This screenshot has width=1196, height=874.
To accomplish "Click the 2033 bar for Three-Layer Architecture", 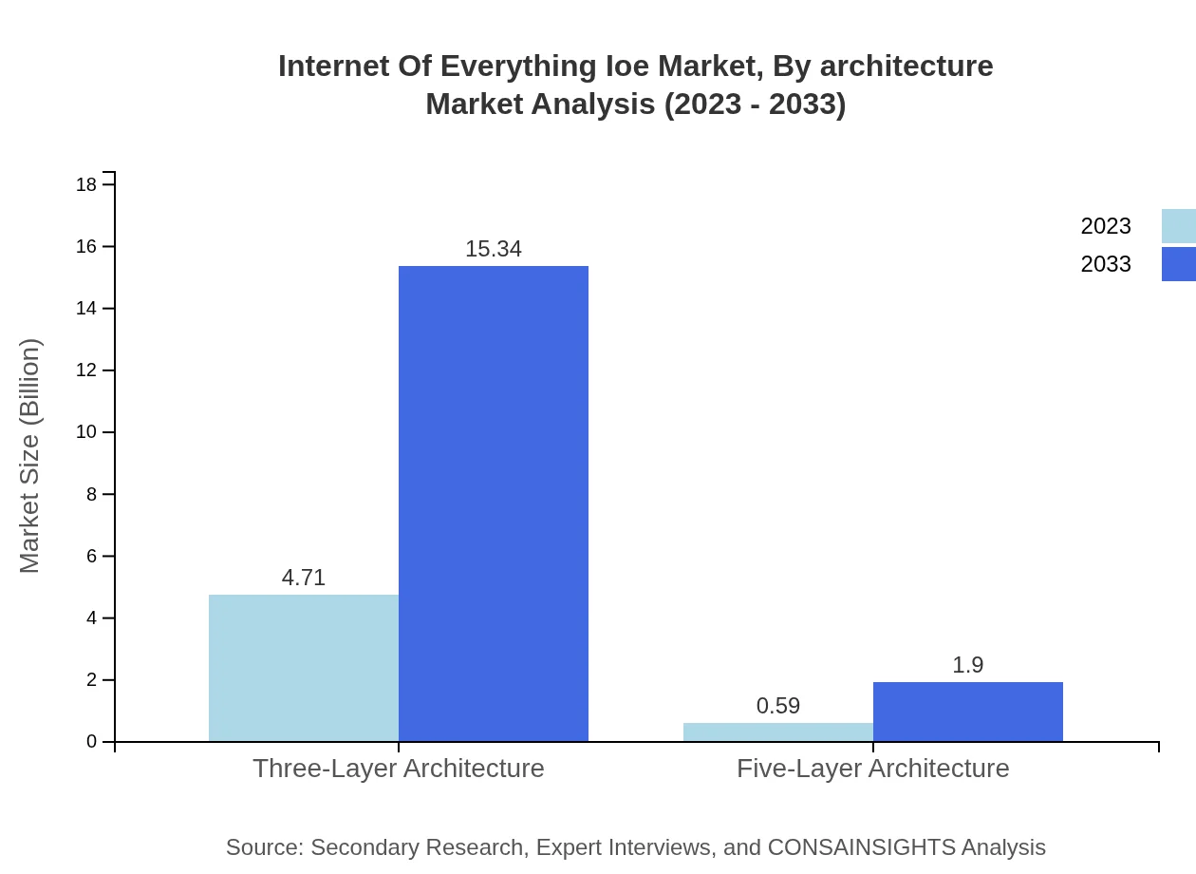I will point(494,503).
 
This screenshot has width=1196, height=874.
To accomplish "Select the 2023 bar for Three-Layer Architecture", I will point(304,668).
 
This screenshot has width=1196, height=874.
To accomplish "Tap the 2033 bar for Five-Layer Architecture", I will point(968,712).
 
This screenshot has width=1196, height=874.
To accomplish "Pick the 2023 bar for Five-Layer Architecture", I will point(778,732).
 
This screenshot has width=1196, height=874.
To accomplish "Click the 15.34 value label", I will point(494,249).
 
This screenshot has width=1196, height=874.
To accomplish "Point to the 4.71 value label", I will point(304,578).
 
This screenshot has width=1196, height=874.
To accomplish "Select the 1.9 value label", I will point(968,665).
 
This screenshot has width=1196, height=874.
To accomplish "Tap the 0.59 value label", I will point(778,706).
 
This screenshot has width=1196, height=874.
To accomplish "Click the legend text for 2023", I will point(1106,226).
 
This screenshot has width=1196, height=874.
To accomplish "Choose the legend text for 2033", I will point(1106,264).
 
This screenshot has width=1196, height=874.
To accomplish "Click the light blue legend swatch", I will point(1179,226).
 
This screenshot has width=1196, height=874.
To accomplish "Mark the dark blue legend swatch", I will point(1179,264).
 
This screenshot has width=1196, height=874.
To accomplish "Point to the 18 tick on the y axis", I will point(86,184).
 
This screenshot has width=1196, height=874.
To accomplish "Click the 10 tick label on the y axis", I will point(86,432).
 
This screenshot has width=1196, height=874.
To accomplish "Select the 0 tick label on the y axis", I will point(92,742).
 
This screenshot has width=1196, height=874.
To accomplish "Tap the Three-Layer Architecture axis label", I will point(399,768).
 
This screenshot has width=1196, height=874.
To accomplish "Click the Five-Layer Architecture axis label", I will point(873,768).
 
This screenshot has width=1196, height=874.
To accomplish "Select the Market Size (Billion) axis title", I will point(29,456).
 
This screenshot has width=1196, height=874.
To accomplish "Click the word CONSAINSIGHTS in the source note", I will point(861,847).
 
